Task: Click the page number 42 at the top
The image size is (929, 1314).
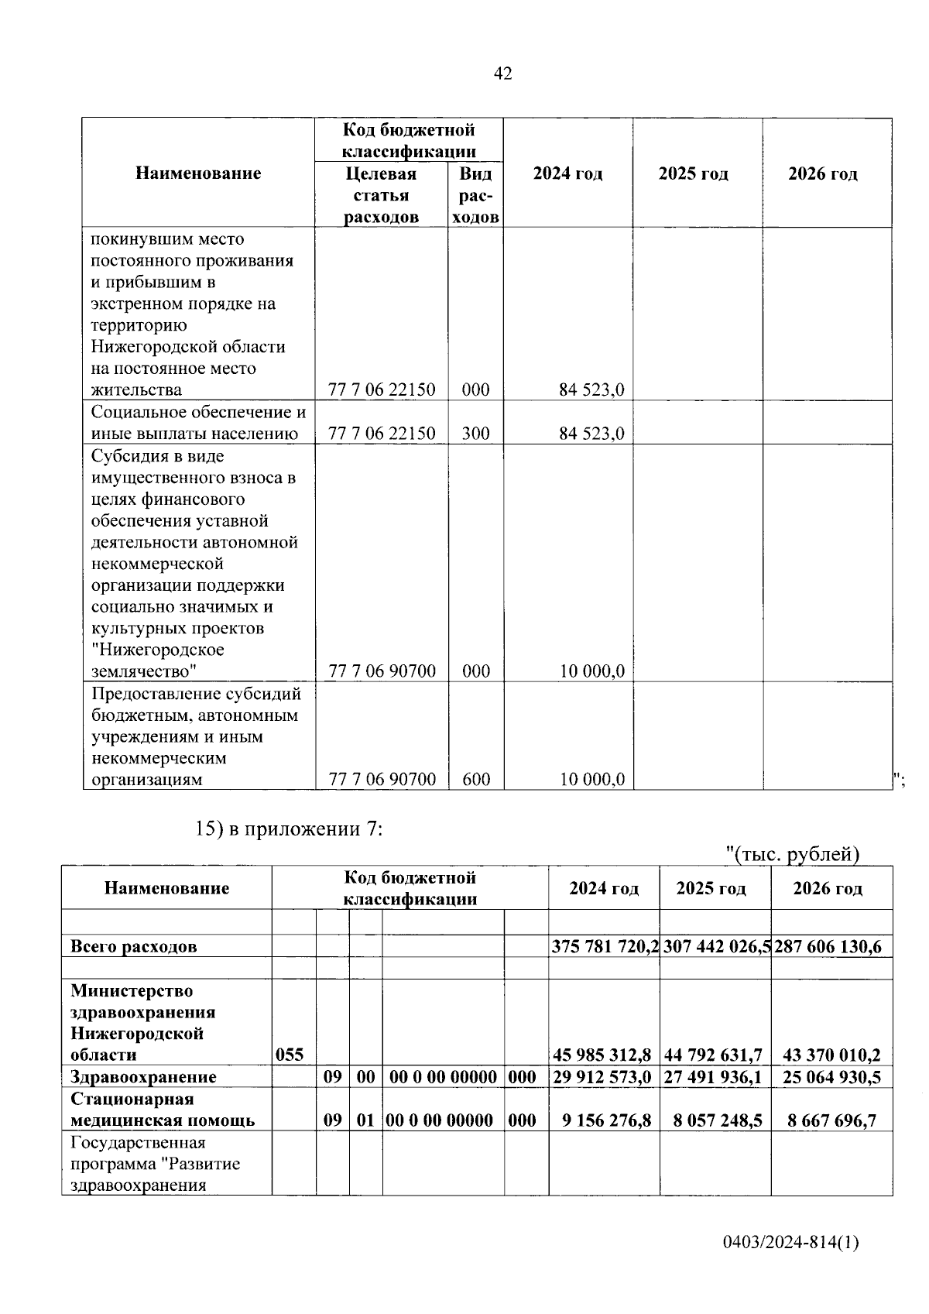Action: (x=502, y=74)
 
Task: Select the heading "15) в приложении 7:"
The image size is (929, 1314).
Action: (x=290, y=829)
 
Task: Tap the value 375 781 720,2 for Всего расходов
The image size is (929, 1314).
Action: (x=605, y=946)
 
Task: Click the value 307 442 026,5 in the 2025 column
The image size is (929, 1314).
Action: (x=716, y=946)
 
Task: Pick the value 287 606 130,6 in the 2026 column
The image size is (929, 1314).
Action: (x=828, y=946)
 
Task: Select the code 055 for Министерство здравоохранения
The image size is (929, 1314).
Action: (x=290, y=1055)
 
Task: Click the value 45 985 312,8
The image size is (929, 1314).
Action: (x=604, y=1055)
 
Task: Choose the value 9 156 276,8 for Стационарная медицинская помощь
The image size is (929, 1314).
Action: (x=606, y=1120)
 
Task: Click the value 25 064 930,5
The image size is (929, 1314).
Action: (x=831, y=1076)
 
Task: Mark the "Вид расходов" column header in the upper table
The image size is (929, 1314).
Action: (x=475, y=195)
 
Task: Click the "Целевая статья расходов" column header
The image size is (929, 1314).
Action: (x=381, y=195)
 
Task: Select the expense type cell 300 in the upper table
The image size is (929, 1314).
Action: (x=475, y=433)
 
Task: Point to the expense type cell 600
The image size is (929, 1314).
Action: (x=475, y=779)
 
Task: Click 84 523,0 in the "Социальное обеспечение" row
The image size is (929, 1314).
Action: (x=591, y=433)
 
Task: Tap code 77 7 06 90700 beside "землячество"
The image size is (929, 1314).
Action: (x=382, y=671)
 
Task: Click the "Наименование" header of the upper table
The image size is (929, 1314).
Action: (x=198, y=173)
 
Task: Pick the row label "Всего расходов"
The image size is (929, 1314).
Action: (x=133, y=946)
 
